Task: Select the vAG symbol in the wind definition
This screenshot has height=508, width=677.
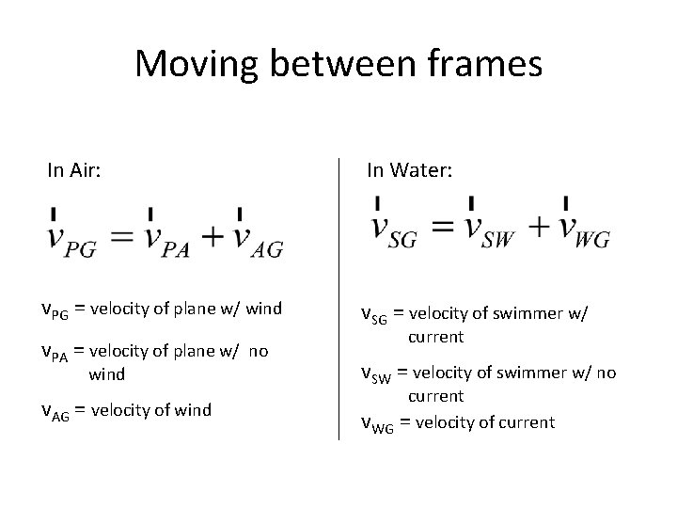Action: [x=55, y=411]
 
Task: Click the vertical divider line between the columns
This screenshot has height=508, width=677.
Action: [x=338, y=301]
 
